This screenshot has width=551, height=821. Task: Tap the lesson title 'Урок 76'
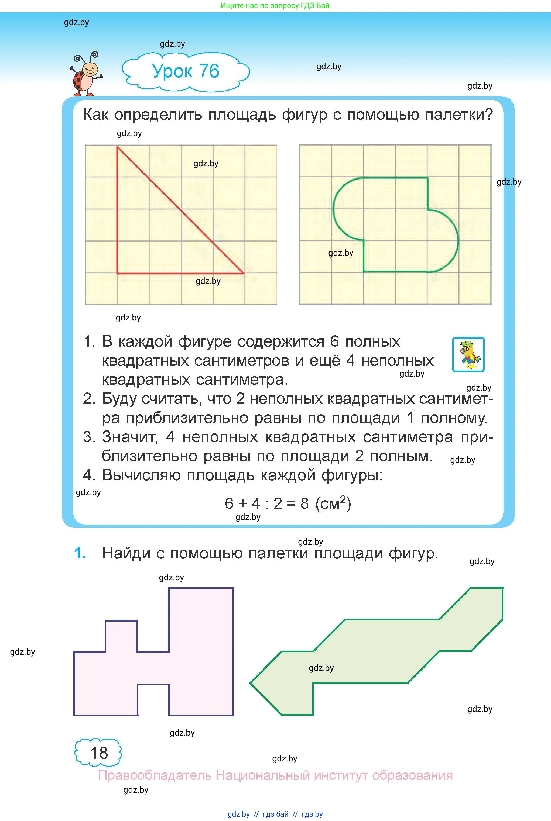coord(186,71)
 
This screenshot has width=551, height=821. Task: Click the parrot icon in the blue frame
coord(468,354)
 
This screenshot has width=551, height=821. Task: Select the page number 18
coord(99,753)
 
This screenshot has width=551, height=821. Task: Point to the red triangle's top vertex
coord(117,147)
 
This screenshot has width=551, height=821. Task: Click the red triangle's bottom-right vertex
coord(244,273)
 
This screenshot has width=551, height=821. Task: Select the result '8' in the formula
coord(304,503)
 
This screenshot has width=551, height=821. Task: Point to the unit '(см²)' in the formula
coord(333,503)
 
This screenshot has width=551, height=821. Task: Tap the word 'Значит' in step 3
coord(129,437)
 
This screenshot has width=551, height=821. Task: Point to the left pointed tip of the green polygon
coord(250,683)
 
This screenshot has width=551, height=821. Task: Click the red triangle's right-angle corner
coord(117,273)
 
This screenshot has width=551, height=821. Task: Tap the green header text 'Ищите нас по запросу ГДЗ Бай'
coord(275,6)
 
